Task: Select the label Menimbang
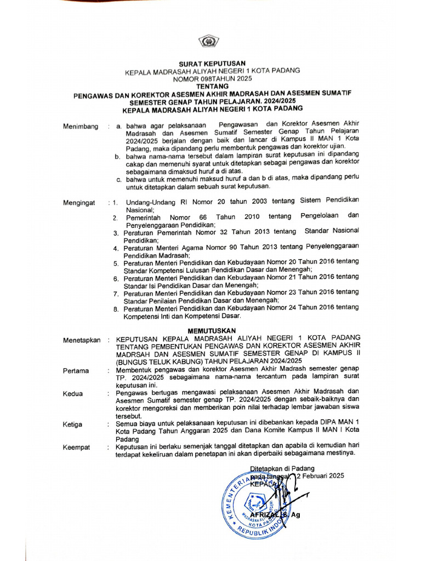click(x=81, y=127)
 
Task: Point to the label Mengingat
click(x=79, y=203)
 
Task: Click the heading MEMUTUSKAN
click(x=211, y=330)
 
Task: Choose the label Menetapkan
click(x=82, y=340)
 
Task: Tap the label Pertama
click(x=76, y=371)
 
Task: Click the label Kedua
click(x=73, y=393)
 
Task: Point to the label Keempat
click(x=76, y=447)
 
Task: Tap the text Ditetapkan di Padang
click(x=282, y=468)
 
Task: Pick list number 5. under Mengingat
click(x=116, y=264)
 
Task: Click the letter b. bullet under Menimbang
click(x=117, y=157)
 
